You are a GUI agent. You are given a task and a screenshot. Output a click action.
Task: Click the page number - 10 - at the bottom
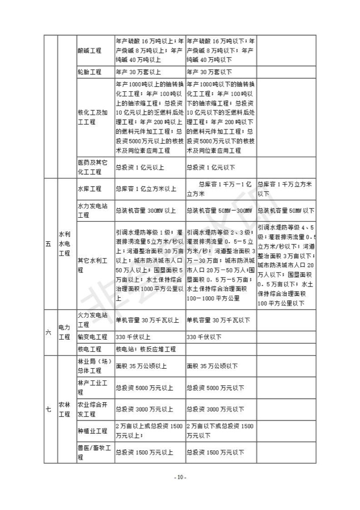pos(180,477)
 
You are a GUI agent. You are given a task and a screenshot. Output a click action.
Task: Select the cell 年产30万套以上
pos(139,72)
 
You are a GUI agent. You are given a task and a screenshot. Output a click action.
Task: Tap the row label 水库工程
pos(90,189)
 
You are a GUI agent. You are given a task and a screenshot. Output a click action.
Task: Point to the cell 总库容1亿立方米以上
pos(146,189)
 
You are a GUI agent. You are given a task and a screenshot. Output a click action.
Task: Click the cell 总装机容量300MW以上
pos(146,211)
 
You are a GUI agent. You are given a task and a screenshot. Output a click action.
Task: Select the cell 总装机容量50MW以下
pos(286,211)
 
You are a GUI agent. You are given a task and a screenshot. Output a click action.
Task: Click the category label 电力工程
pos(64,332)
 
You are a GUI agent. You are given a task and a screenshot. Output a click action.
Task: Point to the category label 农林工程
pos(64,409)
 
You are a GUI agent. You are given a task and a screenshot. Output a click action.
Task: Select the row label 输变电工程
pos(92,337)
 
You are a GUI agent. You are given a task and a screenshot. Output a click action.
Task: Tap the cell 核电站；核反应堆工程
pos(146,349)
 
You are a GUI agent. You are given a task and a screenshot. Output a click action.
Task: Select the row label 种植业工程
pos(92,431)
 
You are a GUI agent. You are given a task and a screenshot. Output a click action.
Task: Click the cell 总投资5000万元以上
pos(145,388)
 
